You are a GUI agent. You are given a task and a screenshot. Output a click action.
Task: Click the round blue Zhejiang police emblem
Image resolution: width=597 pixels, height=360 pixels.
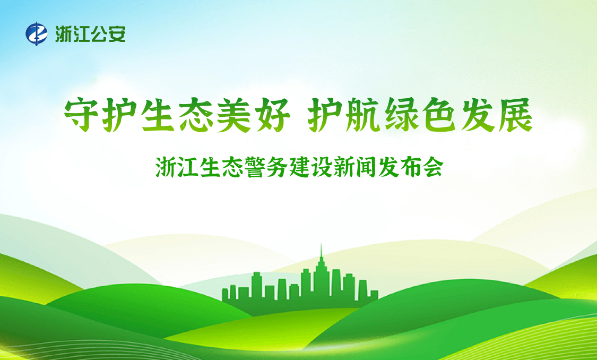pos(37,34)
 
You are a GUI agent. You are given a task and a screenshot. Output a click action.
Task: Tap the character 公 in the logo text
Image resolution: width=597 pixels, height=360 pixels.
pos(99,34)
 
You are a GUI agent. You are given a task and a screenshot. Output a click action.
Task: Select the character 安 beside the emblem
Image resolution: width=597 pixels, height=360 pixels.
pos(117,34)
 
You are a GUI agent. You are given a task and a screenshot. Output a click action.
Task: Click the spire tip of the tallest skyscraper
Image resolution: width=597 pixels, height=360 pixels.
pos(321,244)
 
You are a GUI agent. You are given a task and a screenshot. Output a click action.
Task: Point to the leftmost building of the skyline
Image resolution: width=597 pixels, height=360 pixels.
pos(226,295)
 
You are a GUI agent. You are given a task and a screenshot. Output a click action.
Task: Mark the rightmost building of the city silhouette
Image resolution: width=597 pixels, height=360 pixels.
pos(374,296)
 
